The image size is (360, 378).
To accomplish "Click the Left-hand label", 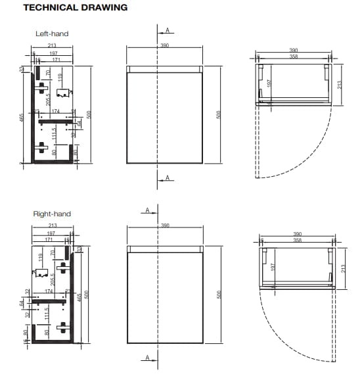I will tap(52, 34).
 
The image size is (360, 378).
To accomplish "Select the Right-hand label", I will tap(52, 214).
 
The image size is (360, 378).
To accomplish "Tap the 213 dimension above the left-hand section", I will tap(52, 46).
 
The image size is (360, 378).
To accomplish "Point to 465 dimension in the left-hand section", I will tap(22, 118).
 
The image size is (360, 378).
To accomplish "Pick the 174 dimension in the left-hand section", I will tap(55, 112).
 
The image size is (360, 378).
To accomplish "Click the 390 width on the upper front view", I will tap(165, 45).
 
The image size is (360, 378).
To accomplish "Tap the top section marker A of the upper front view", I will tap(168, 30).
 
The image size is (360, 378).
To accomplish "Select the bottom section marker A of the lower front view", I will tap(148, 358).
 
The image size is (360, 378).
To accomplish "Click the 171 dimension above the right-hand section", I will tap(47, 241).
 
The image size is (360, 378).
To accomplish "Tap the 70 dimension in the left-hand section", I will tap(48, 73).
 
